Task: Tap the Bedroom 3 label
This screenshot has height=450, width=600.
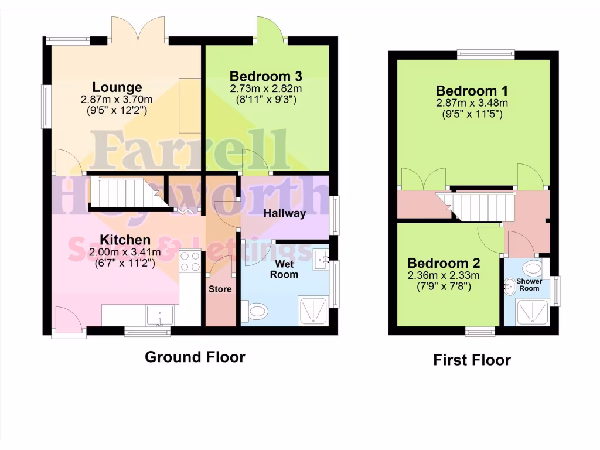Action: (x=265, y=76)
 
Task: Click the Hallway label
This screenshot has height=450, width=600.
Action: (x=284, y=213)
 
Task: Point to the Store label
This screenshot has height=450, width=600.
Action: (x=220, y=289)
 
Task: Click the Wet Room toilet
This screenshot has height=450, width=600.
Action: (x=256, y=311)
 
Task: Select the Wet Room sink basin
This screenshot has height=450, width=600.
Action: (x=320, y=258)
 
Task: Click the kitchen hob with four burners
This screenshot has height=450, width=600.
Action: (x=190, y=261)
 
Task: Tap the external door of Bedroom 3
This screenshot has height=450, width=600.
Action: (x=270, y=29)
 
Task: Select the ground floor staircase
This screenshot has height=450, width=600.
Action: (x=124, y=193)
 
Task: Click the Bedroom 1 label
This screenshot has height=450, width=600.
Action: (x=472, y=91)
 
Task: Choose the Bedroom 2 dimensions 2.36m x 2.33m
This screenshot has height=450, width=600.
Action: (x=444, y=276)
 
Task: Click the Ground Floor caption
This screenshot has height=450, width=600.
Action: (x=195, y=357)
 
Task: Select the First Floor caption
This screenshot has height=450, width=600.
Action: (x=472, y=360)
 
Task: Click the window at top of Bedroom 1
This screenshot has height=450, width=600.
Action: (x=486, y=54)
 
